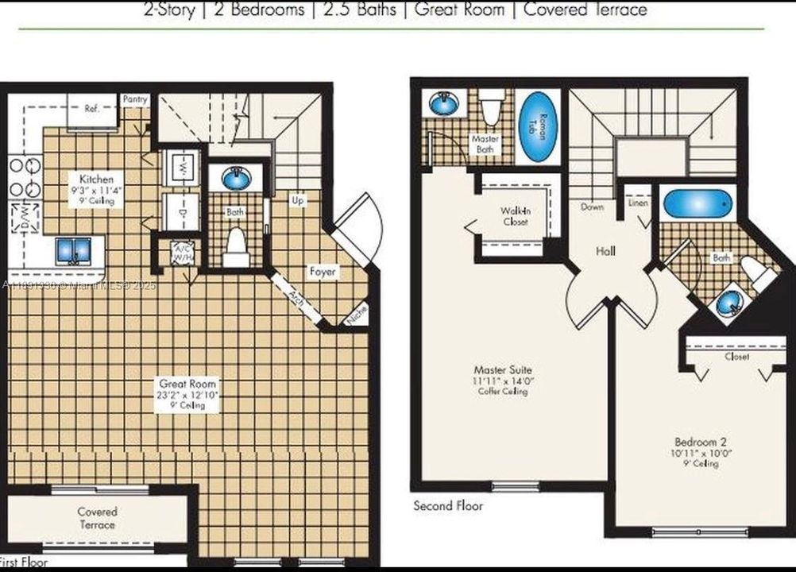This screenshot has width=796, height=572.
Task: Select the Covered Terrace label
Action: tap(98, 518)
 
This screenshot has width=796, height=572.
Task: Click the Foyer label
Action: tap(323, 272)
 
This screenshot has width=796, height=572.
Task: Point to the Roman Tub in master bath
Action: tap(539, 127)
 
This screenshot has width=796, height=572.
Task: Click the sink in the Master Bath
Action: tap(440, 103)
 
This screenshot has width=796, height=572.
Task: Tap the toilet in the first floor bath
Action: tap(236, 248)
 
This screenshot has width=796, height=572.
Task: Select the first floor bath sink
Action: tap(236, 180)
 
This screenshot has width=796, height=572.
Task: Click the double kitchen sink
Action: tap(73, 251)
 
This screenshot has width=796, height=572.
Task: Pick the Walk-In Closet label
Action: tap(515, 216)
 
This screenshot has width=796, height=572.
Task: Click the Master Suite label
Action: tap(503, 369)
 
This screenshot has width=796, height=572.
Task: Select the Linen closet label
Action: tap(638, 203)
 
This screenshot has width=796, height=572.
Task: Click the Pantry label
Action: tap(134, 99)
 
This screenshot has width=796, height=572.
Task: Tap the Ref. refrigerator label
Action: tap(91, 109)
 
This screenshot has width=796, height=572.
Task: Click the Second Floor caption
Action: tap(448, 506)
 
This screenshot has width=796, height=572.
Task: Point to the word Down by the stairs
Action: tap(592, 207)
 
